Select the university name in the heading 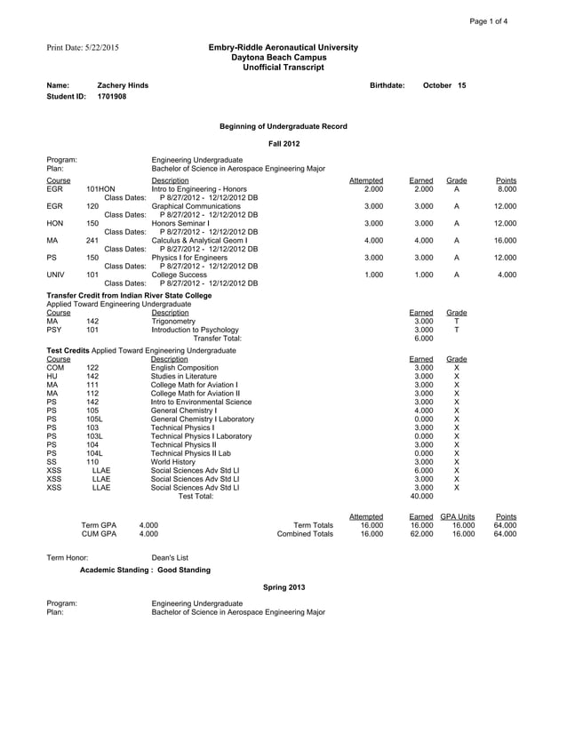283,47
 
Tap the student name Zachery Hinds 123,85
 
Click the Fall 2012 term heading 283,143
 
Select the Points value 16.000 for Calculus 504,239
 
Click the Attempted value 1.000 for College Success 373,275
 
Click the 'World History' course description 175,462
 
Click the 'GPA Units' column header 457,516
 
